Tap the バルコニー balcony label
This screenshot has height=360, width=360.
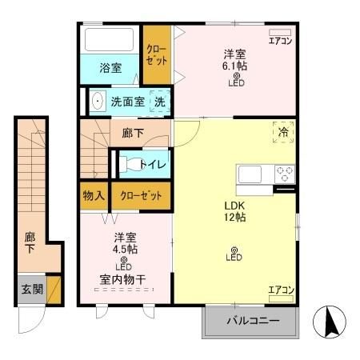coord(251,322)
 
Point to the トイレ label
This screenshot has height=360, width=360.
coord(153,165)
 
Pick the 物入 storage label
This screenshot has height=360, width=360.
coord(93,195)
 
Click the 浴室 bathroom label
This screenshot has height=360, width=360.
coord(110,68)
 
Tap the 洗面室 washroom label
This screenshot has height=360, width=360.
coord(128,102)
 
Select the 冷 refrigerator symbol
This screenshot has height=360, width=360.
coord(284,133)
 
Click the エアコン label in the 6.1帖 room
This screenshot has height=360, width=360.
coord(279,40)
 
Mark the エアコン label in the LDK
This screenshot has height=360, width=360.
coord(280,290)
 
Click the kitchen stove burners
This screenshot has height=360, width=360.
coord(285,173)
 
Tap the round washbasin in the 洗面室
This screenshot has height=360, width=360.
coord(98,102)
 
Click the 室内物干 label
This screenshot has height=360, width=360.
coord(123,279)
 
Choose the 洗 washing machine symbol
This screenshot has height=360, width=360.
coord(159,102)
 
